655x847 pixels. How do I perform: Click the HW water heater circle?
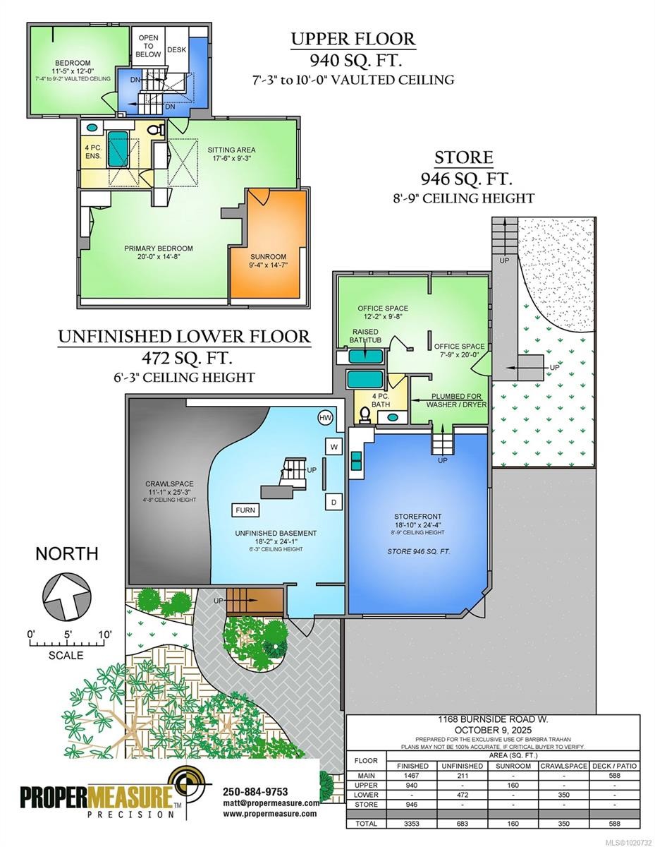pyautogui.click(x=325, y=419)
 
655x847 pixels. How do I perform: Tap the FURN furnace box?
pyautogui.click(x=245, y=510)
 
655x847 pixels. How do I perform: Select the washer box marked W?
pyautogui.click(x=334, y=447)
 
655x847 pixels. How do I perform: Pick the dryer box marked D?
pyautogui.click(x=334, y=502)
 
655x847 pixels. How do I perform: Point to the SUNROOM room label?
pyautogui.click(x=268, y=257)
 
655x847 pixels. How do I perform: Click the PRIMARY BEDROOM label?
pyautogui.click(x=159, y=248)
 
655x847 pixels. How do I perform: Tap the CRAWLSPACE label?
pyautogui.click(x=169, y=484)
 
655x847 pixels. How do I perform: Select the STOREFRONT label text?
pyautogui.click(x=417, y=517)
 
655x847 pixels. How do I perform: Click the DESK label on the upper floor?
pyautogui.click(x=177, y=50)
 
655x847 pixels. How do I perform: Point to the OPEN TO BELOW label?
pyautogui.click(x=148, y=46)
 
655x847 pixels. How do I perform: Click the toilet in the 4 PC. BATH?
pyautogui.click(x=365, y=415)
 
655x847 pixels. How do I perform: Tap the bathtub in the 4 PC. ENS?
pyautogui.click(x=118, y=148)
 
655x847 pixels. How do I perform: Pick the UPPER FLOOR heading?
pyautogui.click(x=353, y=39)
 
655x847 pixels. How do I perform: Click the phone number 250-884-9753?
pyautogui.click(x=255, y=792)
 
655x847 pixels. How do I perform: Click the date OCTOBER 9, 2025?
pyautogui.click(x=493, y=730)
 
